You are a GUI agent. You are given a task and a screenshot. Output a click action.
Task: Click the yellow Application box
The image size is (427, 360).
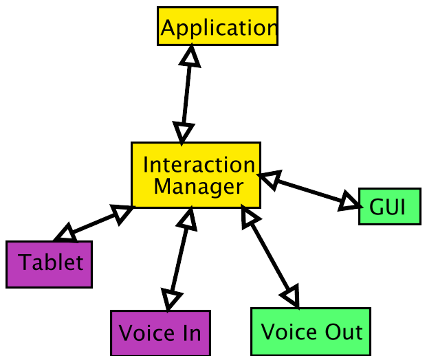click(x=217, y=28)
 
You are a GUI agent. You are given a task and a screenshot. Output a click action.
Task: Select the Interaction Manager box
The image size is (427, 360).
click(x=196, y=175)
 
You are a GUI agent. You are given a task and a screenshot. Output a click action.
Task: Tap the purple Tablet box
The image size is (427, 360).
click(x=50, y=263)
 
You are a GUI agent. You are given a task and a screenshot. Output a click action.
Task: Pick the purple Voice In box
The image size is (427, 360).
click(x=160, y=333)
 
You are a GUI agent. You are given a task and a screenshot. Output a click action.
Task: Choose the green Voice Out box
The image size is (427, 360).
click(x=310, y=332)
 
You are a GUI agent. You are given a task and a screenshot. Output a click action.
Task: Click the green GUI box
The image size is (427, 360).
click(x=389, y=205)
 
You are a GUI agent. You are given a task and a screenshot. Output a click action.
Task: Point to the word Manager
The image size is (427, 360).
click(x=198, y=186)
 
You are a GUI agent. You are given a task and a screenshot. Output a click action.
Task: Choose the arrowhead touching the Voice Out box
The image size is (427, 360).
click(x=292, y=295)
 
